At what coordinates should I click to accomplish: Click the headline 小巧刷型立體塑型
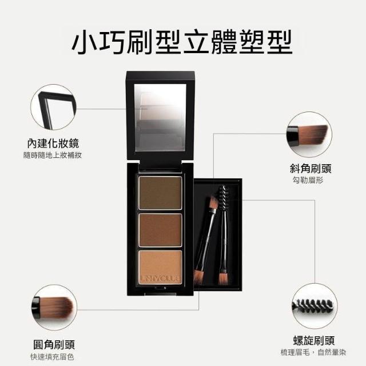pos(182,42)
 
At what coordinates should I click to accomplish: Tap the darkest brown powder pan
pos(160,193)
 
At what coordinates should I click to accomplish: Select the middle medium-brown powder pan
pos(160,230)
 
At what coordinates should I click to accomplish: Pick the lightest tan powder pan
pos(160,267)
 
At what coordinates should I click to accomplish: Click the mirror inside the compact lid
pos(160,118)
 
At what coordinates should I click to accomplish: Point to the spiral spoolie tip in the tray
pos(222,198)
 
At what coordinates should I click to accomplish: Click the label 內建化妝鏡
pos(53,143)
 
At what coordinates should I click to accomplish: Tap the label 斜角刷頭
pos(311,168)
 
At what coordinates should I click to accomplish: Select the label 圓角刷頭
pos(54,344)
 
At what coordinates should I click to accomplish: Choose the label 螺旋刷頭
pos(314,341)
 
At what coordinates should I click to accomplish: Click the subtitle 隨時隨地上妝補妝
pos(53,155)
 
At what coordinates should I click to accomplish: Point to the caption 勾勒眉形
pos(308,180)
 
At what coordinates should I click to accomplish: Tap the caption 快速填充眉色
pos(52,357)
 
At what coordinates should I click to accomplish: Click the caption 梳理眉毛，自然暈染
pos(313,352)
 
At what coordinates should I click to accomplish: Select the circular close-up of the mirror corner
pos(54,108)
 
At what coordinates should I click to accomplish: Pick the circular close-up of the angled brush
pos(309,134)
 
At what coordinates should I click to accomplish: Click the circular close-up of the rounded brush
pos(54,308)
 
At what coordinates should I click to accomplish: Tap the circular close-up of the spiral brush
pos(315,307)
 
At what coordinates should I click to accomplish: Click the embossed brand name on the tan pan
pos(160,279)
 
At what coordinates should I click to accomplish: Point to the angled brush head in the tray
pos(213,202)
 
